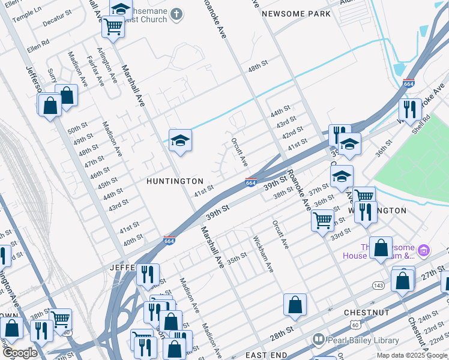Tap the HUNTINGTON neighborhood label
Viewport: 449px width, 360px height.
(x=175, y=181)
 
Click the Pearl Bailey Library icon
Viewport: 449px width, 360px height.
(x=318, y=340)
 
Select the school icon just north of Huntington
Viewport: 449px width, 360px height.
(x=180, y=141)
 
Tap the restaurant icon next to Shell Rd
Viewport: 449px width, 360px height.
(x=410, y=110)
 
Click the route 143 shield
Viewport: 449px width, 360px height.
(x=378, y=284)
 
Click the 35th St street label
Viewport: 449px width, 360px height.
(x=237, y=256)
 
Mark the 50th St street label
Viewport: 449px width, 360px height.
(x=77, y=130)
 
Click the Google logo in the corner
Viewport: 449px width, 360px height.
(x=19, y=353)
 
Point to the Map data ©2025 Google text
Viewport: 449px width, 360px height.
(x=412, y=356)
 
